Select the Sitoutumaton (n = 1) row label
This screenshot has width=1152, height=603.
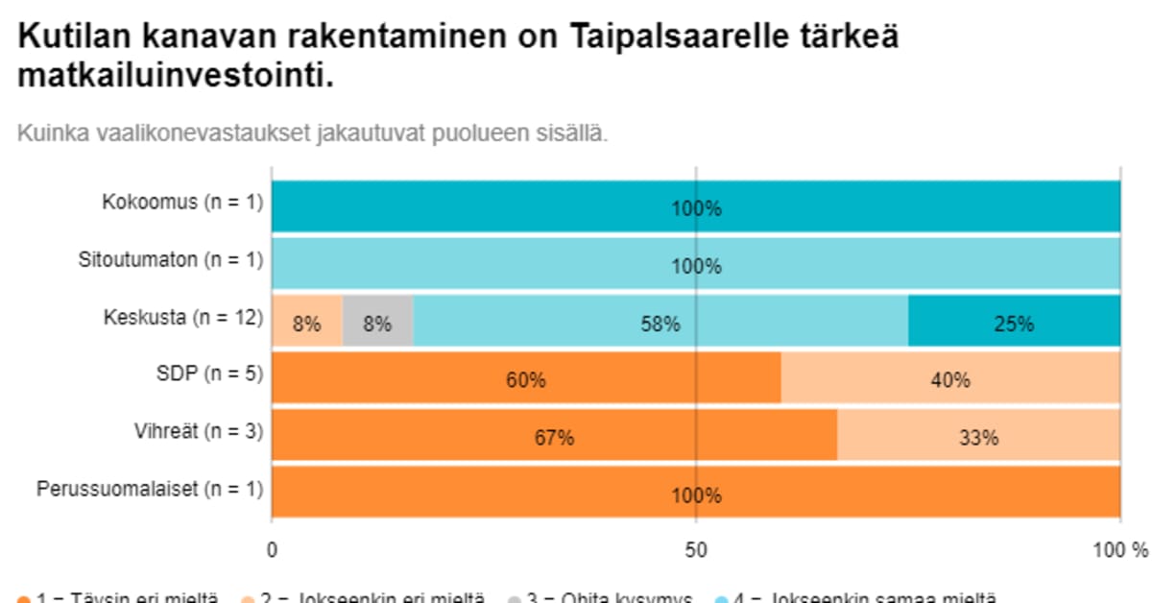(170, 259)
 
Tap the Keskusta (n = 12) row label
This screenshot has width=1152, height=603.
(182, 317)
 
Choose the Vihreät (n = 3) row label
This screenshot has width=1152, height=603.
(198, 432)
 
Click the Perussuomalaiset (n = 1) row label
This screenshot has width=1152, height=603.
(150, 490)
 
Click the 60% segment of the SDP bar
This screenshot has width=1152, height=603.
(526, 378)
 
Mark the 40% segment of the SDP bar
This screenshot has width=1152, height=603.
(950, 378)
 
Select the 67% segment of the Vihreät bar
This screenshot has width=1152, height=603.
(554, 436)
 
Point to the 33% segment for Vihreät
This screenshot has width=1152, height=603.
(978, 436)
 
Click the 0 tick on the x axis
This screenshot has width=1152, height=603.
(273, 551)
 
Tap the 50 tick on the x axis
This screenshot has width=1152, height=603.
(696, 551)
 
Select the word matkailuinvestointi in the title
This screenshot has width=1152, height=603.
(176, 77)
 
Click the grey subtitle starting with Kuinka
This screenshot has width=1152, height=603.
(312, 133)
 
